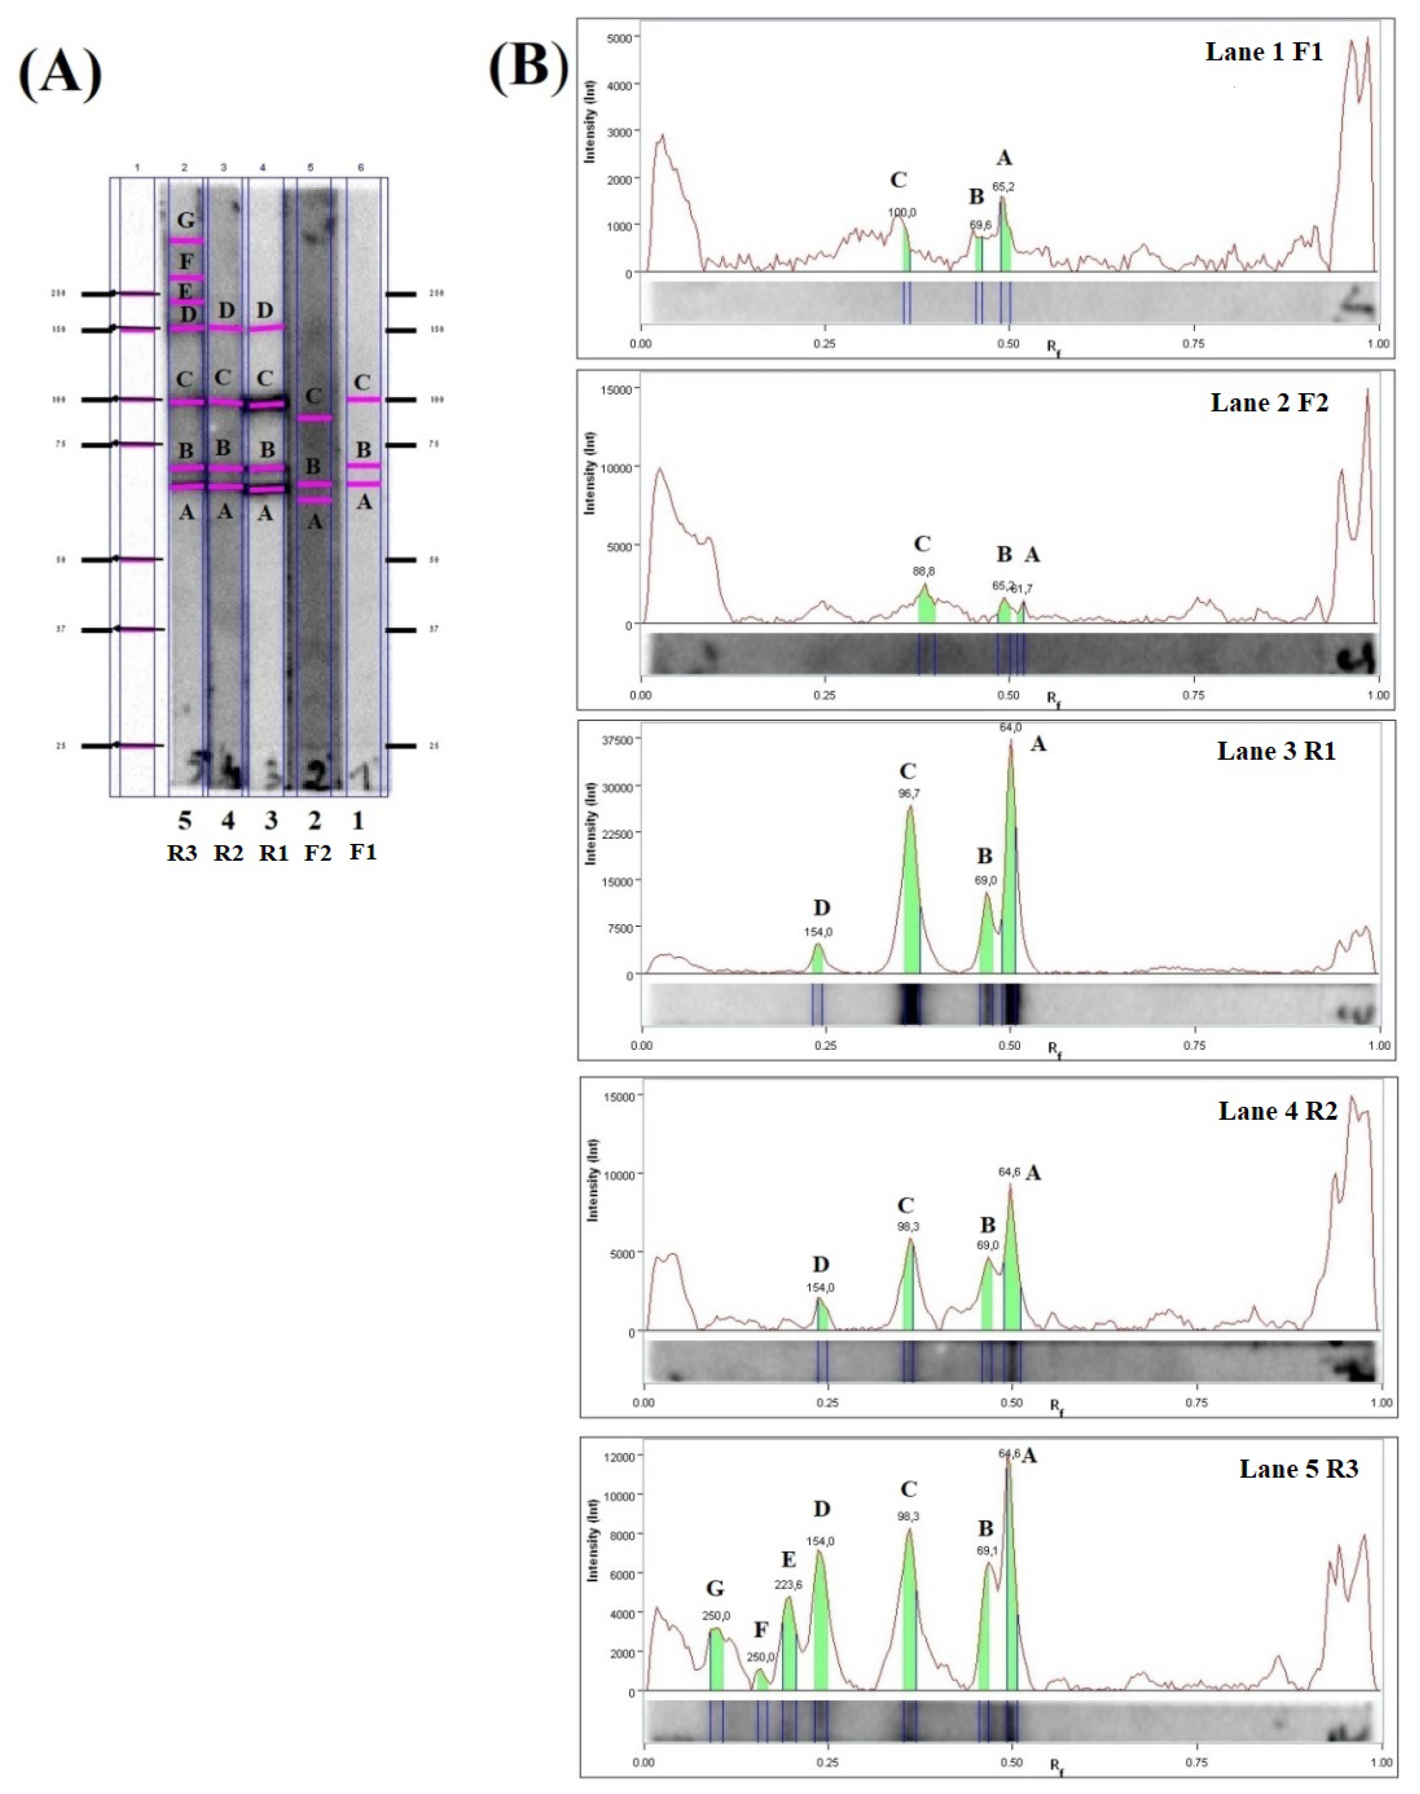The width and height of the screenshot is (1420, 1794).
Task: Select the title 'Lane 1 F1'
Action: click(1264, 52)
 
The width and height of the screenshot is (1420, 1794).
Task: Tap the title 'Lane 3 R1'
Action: click(1276, 751)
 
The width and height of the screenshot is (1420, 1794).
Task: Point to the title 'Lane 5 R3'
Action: click(1298, 1468)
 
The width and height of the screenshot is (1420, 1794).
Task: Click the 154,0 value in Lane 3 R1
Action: click(818, 932)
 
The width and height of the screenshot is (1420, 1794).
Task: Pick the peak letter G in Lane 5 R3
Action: click(715, 1589)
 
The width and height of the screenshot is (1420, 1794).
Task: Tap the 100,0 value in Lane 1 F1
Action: click(902, 213)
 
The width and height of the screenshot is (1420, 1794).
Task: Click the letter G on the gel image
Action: click(186, 220)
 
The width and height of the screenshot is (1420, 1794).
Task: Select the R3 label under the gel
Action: click(182, 853)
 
